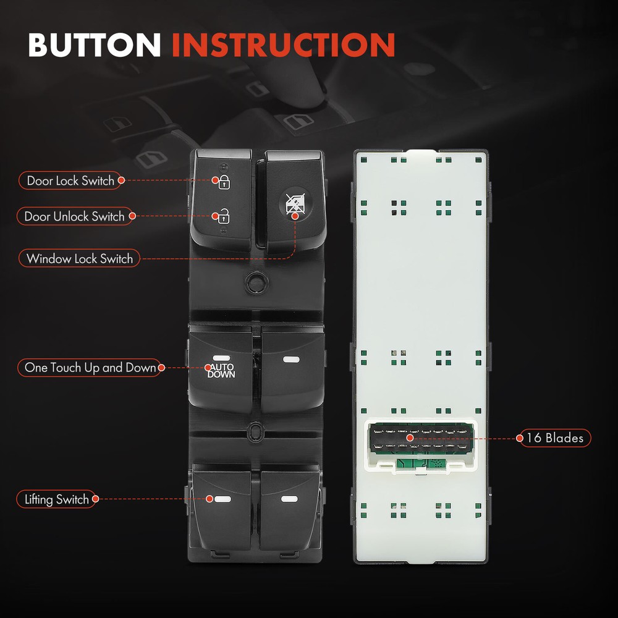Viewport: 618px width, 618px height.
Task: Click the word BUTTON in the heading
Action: (x=94, y=44)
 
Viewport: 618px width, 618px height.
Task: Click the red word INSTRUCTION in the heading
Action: (x=284, y=44)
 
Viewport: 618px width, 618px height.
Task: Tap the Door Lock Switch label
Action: (x=70, y=180)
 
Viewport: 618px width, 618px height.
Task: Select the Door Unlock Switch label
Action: (x=75, y=216)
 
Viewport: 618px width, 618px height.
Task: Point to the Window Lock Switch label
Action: (x=79, y=258)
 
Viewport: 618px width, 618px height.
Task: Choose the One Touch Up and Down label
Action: (x=90, y=367)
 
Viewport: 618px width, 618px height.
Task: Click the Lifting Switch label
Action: (x=56, y=499)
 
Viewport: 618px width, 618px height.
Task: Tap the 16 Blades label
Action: (x=556, y=438)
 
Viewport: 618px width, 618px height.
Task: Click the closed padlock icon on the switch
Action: (x=224, y=182)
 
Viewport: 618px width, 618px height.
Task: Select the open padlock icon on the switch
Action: (x=224, y=216)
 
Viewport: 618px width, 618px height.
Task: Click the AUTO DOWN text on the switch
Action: (x=221, y=371)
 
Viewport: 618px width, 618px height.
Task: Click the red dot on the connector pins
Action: (x=410, y=438)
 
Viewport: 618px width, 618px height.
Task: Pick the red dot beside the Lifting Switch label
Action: (x=95, y=499)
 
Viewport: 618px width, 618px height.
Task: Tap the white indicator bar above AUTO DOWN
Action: (x=221, y=358)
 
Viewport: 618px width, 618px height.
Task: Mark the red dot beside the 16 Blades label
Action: (x=520, y=438)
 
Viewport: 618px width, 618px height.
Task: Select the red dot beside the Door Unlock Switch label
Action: (x=132, y=216)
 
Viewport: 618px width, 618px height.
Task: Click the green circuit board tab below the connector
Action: (x=420, y=464)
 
